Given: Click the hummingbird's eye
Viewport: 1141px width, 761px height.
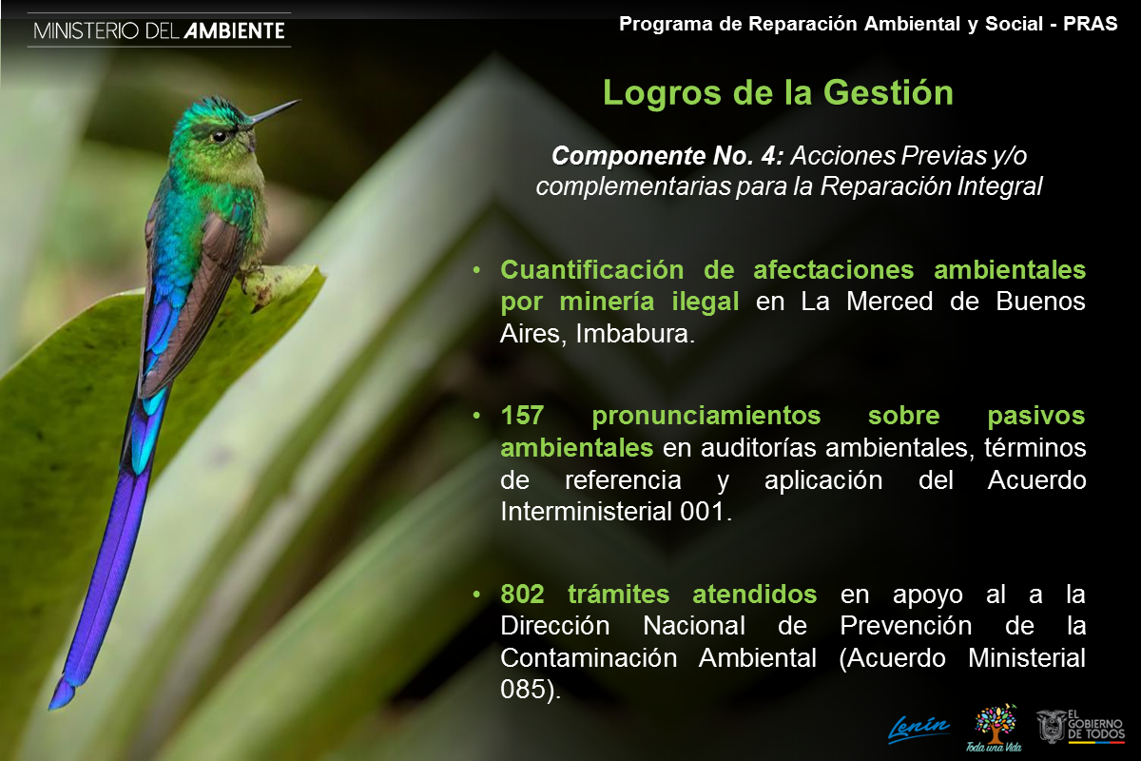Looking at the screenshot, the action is [x=220, y=136].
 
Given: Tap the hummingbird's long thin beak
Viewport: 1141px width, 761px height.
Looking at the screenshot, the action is [x=275, y=111].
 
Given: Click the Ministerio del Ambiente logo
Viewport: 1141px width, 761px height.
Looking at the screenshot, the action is [x=159, y=30].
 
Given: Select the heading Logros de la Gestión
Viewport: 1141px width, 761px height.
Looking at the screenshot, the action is [x=778, y=93].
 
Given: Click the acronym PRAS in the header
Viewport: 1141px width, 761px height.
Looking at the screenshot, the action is [x=1090, y=24].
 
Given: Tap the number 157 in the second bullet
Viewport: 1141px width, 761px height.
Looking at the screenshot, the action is [x=522, y=416].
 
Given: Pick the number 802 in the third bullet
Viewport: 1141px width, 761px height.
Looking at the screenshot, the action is [x=522, y=594].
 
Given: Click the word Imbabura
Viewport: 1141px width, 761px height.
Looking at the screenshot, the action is [x=635, y=334].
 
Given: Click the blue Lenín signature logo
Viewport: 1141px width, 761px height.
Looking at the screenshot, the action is [x=919, y=730].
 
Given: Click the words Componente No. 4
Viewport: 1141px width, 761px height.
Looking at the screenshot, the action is [x=667, y=156].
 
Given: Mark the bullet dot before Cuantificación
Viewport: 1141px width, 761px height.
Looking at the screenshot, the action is [x=476, y=269].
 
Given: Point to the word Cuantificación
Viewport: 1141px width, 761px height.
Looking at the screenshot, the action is [x=591, y=269].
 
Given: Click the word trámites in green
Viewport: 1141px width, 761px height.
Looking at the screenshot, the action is [x=618, y=594].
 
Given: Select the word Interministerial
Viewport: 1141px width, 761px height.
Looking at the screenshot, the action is [x=587, y=511].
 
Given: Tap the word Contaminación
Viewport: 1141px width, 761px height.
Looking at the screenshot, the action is [x=589, y=657].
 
